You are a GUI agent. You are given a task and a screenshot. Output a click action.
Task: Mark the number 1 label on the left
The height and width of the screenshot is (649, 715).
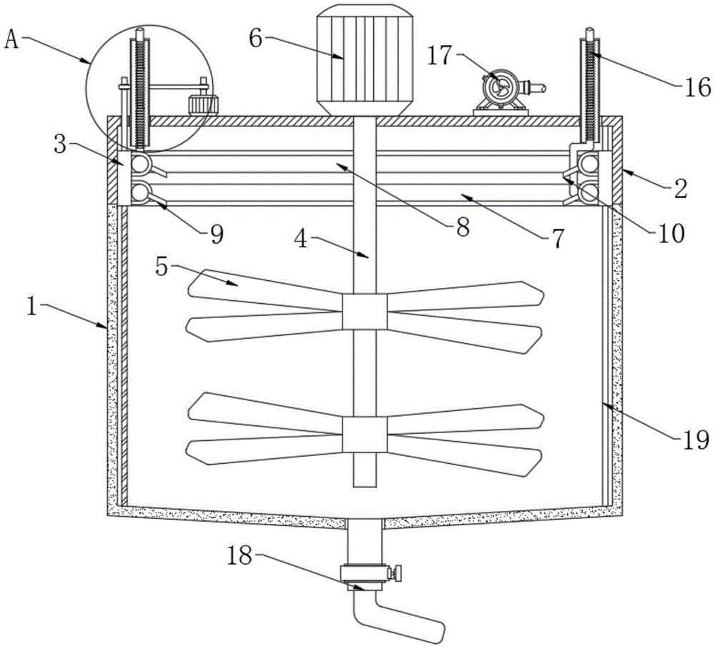pos(31,307)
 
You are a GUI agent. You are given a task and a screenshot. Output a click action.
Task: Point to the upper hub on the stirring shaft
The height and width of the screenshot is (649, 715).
pos(364,312)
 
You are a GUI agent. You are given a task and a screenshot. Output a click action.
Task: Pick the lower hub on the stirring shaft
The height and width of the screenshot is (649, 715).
pos(364,435)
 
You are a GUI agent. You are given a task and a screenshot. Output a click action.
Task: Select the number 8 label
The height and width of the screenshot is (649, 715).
pos(462,228)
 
